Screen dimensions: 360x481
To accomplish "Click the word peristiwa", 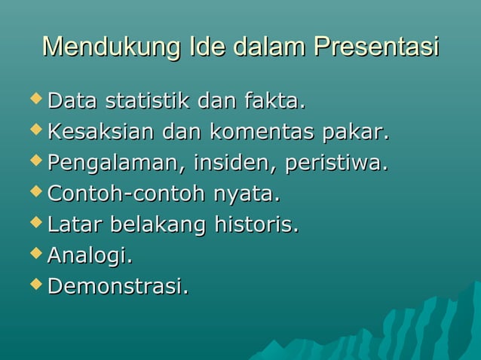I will pyautogui.click(x=336, y=163).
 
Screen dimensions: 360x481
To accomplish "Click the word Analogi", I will pyautogui.click(x=90, y=257).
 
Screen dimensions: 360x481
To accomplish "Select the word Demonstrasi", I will pyautogui.click(x=118, y=287).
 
